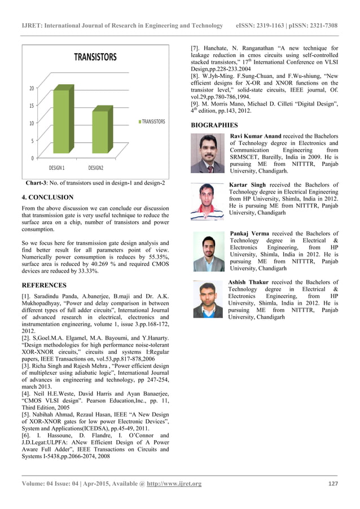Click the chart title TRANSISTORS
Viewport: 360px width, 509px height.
tap(95, 57)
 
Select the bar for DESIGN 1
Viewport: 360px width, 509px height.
tap(63, 124)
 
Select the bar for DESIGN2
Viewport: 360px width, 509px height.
tap(100, 133)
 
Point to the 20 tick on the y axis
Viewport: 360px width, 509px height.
tap(32, 88)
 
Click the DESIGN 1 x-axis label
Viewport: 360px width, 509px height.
tap(56, 168)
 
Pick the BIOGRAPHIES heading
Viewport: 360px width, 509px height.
tap(214, 125)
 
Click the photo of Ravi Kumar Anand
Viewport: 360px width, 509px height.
tap(208, 153)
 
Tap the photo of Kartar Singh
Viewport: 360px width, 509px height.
tap(208, 201)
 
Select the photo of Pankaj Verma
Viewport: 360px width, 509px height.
tap(209, 251)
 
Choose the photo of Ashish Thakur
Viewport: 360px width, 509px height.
tap(208, 299)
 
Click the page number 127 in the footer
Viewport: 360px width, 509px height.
tap(332, 484)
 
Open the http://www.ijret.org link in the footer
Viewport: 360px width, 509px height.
tap(174, 484)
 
